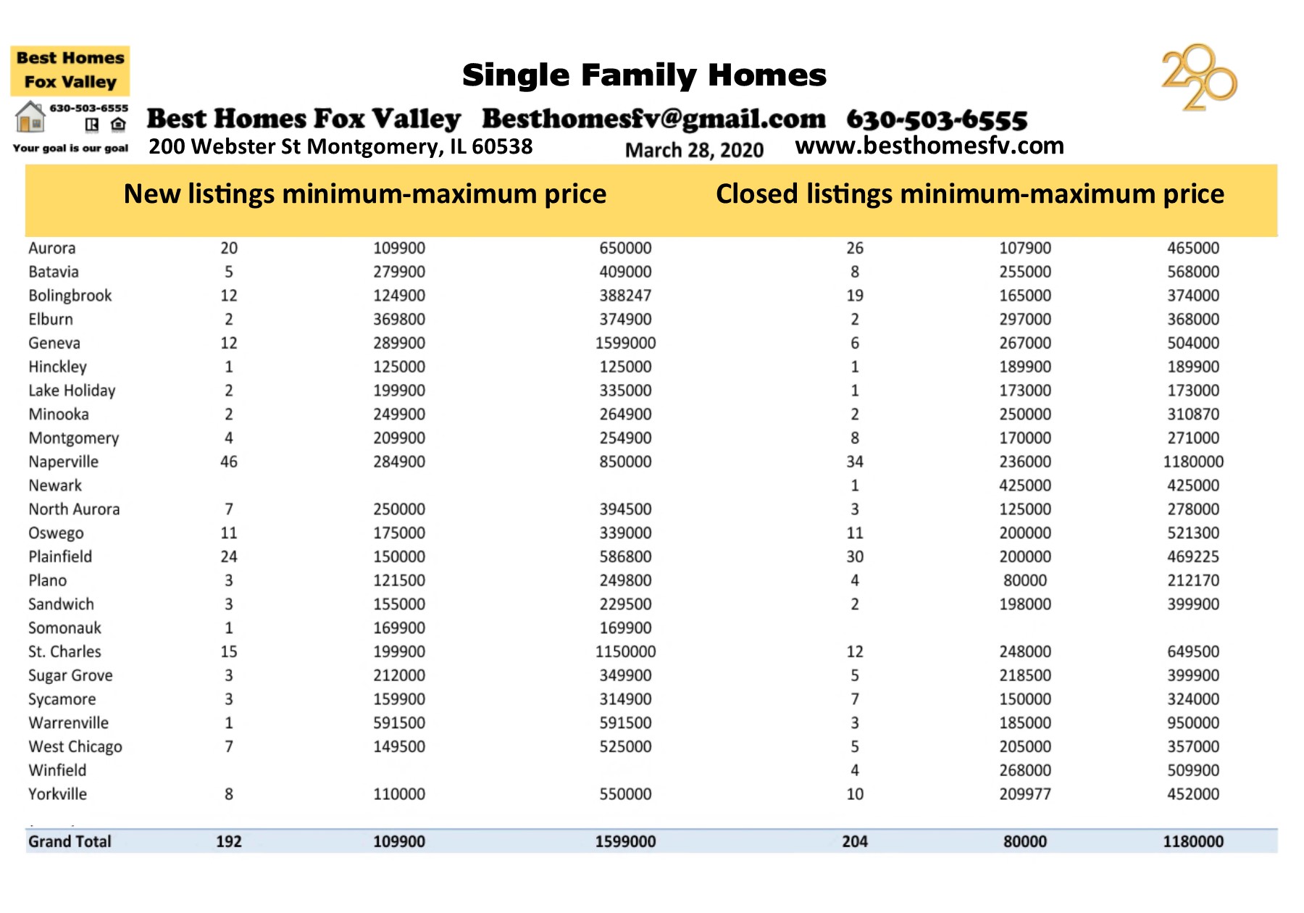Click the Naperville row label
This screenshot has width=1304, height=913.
(63, 462)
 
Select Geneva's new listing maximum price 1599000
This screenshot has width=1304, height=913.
(625, 343)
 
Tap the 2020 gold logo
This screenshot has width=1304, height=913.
(1199, 78)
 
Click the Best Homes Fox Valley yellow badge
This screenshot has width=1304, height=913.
(70, 70)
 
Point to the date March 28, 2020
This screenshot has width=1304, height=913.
(694, 150)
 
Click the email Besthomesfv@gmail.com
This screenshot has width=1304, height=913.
(653, 119)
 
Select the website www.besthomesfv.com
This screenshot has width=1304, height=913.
(929, 146)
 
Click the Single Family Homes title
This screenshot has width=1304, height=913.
(644, 75)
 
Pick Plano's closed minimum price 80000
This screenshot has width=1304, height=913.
(1024, 580)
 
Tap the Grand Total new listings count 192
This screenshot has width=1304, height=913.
(228, 841)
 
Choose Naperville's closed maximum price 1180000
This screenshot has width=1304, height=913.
(1192, 462)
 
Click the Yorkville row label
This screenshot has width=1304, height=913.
(57, 794)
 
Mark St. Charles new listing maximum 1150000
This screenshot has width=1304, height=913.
(625, 651)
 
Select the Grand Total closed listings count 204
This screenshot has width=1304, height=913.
(854, 841)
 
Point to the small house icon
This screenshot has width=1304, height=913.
(30, 117)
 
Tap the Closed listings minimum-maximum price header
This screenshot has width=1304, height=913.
(969, 194)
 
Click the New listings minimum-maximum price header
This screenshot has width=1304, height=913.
(364, 194)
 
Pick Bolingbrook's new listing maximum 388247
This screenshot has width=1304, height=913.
(625, 296)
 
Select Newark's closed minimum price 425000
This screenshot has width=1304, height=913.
(1024, 485)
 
